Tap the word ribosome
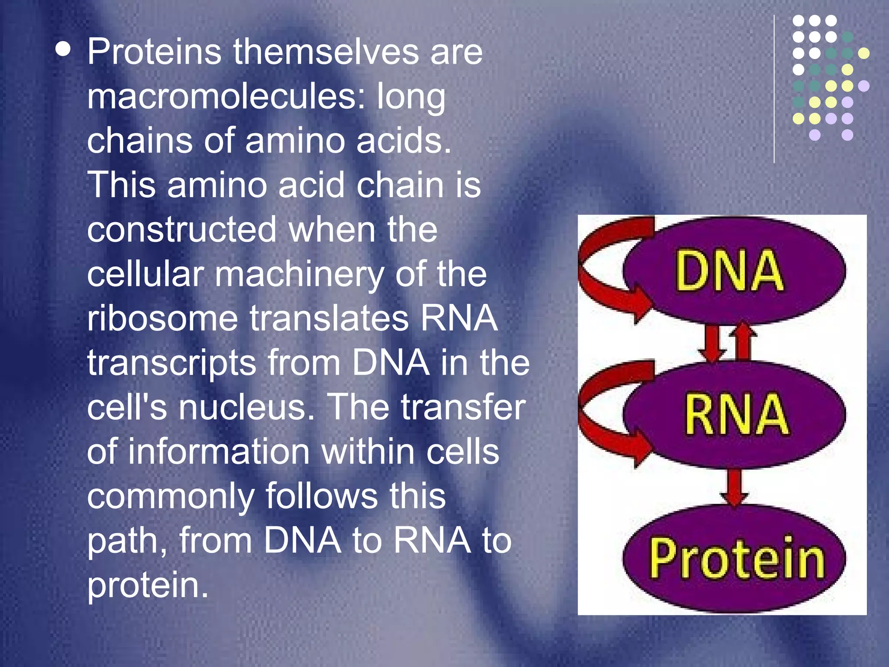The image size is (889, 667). click(x=162, y=319)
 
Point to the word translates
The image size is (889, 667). click(x=329, y=319)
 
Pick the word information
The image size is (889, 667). click(x=219, y=452)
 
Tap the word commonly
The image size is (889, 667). click(x=171, y=497)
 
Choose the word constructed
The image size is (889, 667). click(x=181, y=230)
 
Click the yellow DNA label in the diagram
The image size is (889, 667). click(x=729, y=271)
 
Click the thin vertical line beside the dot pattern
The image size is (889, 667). click(x=774, y=89)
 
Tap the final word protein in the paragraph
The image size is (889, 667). click(x=148, y=586)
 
